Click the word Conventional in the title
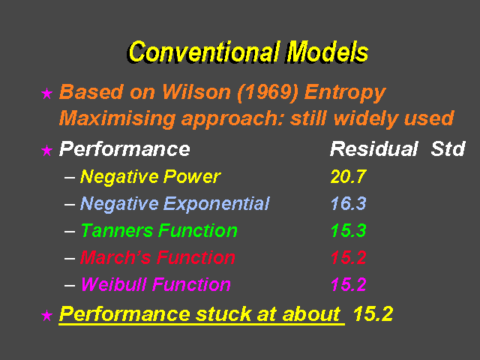tap(204, 52)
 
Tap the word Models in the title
tap(327, 52)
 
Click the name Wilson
tap(196, 91)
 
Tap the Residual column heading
tap(374, 149)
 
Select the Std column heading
tap(448, 149)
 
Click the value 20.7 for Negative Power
tap(348, 177)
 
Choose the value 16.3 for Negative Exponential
tap(348, 203)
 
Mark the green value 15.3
tap(348, 230)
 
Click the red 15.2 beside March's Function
tap(348, 257)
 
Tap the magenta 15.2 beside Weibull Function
tap(348, 284)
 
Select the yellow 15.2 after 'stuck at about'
tap(373, 314)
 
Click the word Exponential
tap(216, 204)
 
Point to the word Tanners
tap(117, 230)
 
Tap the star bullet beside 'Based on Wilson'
tap(46, 93)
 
